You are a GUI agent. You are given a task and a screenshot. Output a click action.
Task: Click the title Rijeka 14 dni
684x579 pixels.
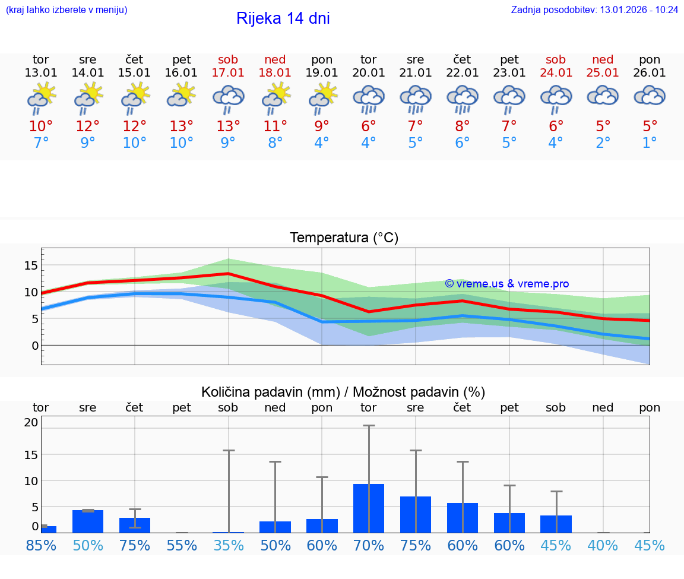point(283,18)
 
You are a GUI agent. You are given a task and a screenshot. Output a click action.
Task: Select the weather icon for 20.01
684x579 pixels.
point(369,99)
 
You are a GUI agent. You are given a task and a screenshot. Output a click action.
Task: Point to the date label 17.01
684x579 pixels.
point(228,73)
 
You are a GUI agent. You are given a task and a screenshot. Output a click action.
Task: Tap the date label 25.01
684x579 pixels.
point(603,73)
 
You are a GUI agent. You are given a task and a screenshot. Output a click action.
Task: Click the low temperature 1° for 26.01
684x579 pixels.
point(650,143)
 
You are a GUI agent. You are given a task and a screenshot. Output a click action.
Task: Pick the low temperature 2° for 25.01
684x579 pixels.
point(603,143)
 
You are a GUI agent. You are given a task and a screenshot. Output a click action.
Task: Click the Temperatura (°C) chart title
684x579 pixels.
point(344,238)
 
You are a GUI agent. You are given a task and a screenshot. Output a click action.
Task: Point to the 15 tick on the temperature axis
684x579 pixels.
point(31,265)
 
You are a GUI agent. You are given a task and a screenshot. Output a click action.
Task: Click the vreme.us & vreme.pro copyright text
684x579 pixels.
point(507,284)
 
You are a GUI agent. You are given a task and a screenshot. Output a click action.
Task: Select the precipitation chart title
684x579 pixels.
point(343,392)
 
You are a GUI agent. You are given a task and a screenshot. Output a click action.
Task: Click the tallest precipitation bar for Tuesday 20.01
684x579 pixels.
point(369,508)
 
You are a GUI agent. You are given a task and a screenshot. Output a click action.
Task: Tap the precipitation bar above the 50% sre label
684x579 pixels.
point(88,521)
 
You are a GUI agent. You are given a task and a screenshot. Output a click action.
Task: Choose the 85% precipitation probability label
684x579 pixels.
point(41,545)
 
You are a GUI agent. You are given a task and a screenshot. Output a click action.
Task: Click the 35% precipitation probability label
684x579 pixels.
point(228,545)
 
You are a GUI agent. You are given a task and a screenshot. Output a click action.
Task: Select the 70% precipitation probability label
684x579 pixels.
point(369,545)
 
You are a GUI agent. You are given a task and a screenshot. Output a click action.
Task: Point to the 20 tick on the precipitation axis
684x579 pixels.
point(31,423)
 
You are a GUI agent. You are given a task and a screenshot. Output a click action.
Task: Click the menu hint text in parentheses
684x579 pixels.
point(66,10)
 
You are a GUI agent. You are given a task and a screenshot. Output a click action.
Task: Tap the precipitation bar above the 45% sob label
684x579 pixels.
point(556,524)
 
